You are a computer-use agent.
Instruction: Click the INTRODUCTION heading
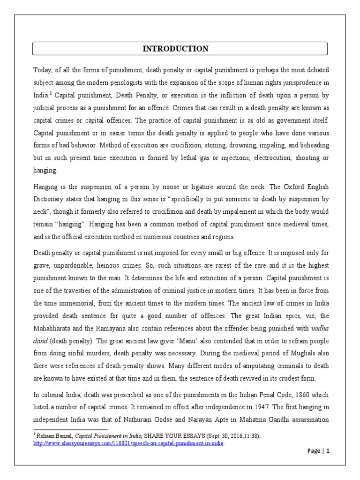pos(176,49)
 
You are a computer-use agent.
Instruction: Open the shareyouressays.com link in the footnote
pos(128,443)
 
